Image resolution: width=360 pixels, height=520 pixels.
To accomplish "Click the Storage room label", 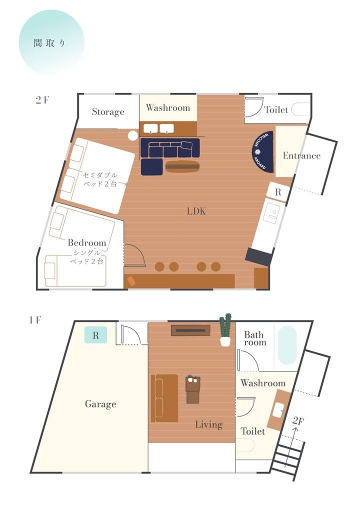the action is click(x=108, y=112).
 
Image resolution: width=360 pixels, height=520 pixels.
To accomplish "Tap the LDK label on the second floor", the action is click(x=196, y=211).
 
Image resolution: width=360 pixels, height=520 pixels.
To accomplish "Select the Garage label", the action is click(x=100, y=404).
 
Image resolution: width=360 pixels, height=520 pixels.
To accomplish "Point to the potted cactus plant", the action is click(x=225, y=329).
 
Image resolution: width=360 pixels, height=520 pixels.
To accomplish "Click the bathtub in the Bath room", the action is click(x=287, y=345).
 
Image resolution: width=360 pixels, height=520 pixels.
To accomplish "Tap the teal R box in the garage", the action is click(x=96, y=334).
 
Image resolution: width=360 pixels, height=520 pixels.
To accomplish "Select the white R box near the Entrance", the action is click(x=278, y=191).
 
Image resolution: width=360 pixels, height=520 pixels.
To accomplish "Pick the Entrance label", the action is click(x=301, y=155).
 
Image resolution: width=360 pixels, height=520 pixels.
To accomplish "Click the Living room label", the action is click(x=208, y=424).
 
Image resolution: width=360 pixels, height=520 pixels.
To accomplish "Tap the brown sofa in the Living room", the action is click(x=164, y=398).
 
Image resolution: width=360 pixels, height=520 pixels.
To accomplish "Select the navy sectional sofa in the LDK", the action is click(x=169, y=155).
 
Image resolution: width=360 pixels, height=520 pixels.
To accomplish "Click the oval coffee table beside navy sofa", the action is click(x=182, y=166).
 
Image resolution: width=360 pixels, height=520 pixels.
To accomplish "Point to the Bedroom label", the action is click(x=87, y=242).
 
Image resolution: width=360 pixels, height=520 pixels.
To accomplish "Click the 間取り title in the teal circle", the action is click(x=49, y=43).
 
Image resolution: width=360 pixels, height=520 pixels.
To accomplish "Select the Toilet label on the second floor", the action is click(x=276, y=109).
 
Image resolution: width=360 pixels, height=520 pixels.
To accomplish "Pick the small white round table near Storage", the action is click(x=133, y=135).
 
